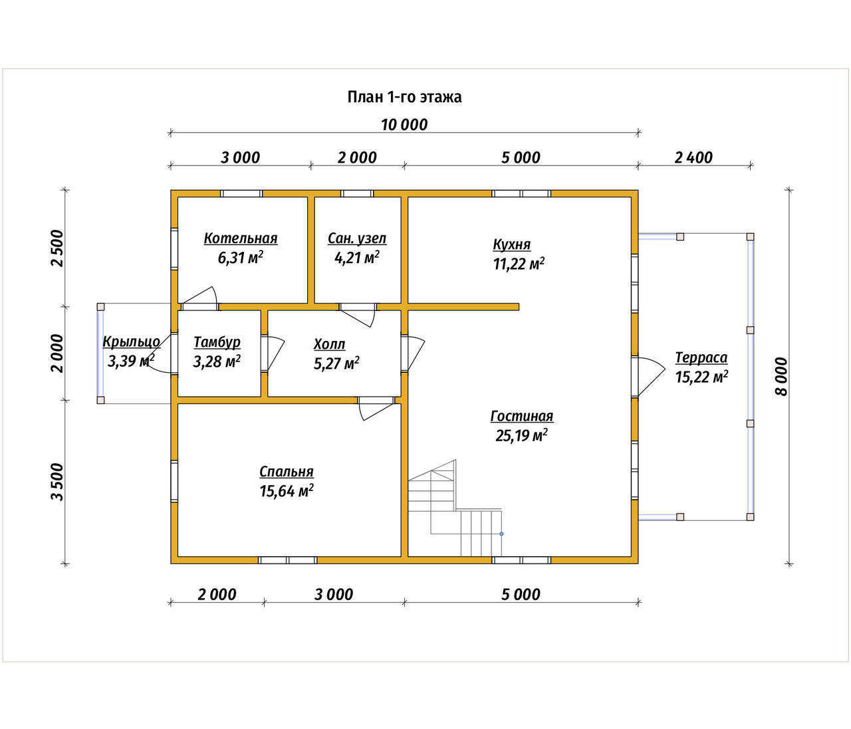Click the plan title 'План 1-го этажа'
[x=404, y=97]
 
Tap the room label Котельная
[x=241, y=239]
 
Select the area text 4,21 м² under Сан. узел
[x=356, y=258]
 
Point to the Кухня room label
[x=512, y=244]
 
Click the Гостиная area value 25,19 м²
[x=521, y=435]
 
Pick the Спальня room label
[x=286, y=472]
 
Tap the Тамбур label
[x=217, y=342]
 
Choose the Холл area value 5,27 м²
[x=336, y=364]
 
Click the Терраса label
[x=701, y=358]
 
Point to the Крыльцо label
[x=131, y=342]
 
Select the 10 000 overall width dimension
[x=404, y=124]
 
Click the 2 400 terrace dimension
[x=693, y=157]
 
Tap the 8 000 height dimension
[x=781, y=377]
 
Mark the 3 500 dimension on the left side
[x=57, y=482]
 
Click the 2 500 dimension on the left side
[x=57, y=249]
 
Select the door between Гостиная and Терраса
[x=647, y=376]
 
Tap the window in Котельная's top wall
[x=241, y=193]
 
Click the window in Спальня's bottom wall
[x=288, y=560]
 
